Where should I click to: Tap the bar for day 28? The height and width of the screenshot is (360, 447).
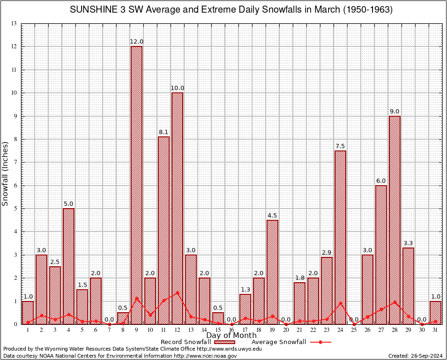(x=395, y=220)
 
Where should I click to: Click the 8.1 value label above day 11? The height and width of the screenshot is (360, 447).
(x=164, y=132)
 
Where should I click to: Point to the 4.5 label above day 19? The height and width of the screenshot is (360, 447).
(x=272, y=216)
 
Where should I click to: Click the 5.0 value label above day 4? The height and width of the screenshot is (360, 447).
(x=68, y=204)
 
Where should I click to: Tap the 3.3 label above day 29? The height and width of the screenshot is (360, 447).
(x=408, y=243)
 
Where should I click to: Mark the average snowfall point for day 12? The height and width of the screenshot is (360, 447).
(x=177, y=292)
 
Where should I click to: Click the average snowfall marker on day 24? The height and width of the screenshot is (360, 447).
(x=340, y=303)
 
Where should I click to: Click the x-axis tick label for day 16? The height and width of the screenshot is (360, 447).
(x=231, y=330)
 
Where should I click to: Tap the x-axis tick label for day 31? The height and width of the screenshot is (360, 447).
(x=435, y=330)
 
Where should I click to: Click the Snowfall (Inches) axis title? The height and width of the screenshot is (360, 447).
(x=6, y=174)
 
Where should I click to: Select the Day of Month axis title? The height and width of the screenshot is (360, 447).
(x=231, y=336)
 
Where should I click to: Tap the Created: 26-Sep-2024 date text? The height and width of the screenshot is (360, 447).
(x=415, y=356)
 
